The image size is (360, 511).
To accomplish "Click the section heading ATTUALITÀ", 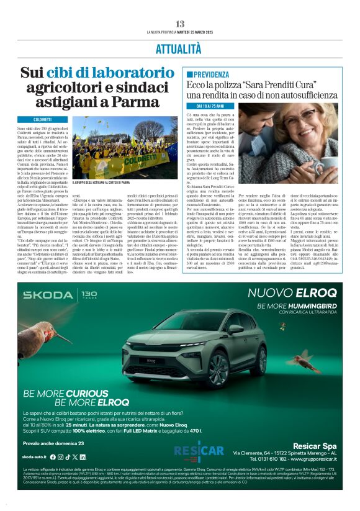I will (179, 48).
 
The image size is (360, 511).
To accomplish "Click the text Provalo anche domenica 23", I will (53, 443).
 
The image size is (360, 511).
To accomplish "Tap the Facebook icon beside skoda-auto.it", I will (60, 456).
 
